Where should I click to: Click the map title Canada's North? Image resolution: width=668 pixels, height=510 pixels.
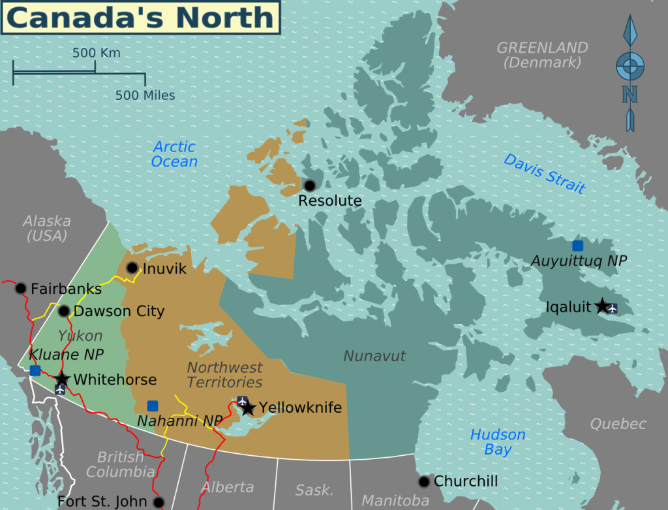click(x=140, y=18)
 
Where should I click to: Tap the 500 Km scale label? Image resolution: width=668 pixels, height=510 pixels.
click(x=96, y=53)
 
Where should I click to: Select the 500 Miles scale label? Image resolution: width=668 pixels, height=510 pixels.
click(x=145, y=95)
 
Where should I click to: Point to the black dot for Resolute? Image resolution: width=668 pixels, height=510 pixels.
click(x=310, y=185)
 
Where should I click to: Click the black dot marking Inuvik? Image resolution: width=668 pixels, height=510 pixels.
click(x=132, y=268)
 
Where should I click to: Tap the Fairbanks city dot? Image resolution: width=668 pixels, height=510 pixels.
click(x=21, y=288)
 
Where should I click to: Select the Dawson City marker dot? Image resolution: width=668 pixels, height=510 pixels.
click(x=65, y=311)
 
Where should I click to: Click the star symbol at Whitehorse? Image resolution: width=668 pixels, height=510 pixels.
click(x=62, y=379)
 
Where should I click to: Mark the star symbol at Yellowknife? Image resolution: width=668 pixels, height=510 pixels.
click(x=248, y=408)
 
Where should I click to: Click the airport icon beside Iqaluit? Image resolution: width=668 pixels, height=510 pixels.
click(x=612, y=308)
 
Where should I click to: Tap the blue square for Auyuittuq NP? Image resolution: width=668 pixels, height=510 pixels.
click(x=577, y=246)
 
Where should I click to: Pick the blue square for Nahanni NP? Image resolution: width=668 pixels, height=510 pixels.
click(x=153, y=406)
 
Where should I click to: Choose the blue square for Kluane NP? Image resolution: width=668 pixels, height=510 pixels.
click(x=35, y=370)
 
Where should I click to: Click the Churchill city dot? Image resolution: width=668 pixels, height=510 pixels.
click(x=424, y=481)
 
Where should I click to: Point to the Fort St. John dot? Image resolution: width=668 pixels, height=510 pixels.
click(x=159, y=502)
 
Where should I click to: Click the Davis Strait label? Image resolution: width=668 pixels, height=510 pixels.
click(x=545, y=173)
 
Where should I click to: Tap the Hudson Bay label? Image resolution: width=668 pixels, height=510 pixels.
click(x=498, y=442)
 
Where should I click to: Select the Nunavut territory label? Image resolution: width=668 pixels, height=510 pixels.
click(x=374, y=356)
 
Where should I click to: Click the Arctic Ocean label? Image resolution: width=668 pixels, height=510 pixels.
click(x=174, y=154)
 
